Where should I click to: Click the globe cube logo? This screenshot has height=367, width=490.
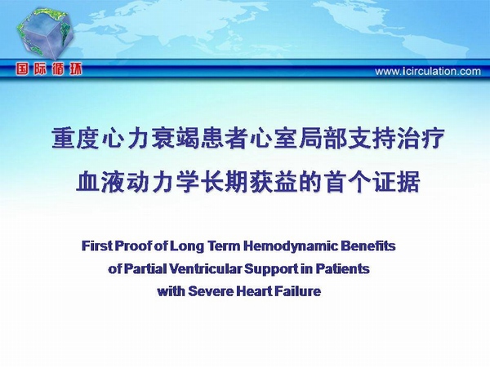click(45, 33)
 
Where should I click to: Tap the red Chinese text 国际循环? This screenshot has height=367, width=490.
click(49, 69)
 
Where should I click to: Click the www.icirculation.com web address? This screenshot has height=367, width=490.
click(428, 72)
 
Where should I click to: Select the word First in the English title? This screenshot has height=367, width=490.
click(97, 246)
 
